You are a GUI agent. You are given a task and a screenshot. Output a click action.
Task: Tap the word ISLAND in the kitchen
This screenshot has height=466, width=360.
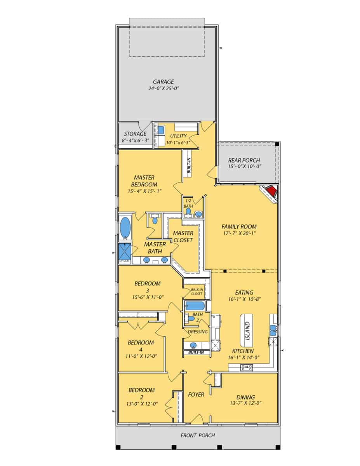click(x=247, y=330)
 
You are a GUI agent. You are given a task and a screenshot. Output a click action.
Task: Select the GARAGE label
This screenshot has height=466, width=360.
click(x=163, y=82)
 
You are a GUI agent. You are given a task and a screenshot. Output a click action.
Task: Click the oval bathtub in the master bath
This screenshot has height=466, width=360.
click(x=125, y=228)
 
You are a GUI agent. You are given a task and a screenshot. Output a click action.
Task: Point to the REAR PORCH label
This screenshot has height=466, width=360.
click(x=244, y=160)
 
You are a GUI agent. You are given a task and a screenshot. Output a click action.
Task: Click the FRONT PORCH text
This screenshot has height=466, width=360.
click(x=198, y=435)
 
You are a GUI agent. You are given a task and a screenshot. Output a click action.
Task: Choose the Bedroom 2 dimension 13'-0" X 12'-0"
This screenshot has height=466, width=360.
click(x=141, y=404)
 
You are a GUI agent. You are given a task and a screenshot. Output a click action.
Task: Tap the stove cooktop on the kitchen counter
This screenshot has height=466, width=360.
click(x=247, y=367)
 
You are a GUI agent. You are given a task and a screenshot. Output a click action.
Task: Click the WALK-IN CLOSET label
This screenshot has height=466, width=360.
click(x=196, y=292)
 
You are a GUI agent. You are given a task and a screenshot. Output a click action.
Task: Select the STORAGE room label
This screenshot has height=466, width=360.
click(x=135, y=134)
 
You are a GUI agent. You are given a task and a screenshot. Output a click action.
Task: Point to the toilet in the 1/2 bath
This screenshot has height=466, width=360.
click(x=188, y=211)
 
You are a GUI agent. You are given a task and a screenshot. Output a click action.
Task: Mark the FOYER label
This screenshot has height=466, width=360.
click(x=196, y=395)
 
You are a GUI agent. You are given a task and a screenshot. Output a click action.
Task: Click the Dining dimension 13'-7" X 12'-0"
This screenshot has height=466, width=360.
click(x=245, y=403)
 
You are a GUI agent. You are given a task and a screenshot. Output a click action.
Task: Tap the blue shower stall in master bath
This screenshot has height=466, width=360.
click(x=125, y=252)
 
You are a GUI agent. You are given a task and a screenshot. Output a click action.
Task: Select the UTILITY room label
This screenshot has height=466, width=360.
click(x=178, y=136)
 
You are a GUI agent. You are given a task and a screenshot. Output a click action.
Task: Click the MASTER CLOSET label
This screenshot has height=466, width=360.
click(x=183, y=236)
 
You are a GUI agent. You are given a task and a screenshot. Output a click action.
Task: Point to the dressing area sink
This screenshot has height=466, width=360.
click(x=193, y=345)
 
